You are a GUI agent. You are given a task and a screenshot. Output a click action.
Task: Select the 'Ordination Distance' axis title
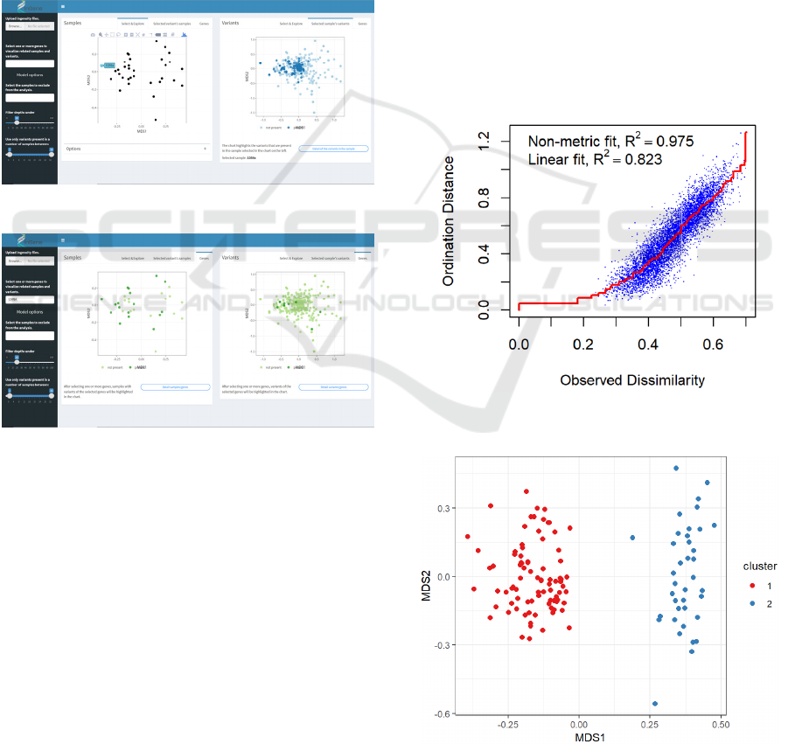(x=450, y=221)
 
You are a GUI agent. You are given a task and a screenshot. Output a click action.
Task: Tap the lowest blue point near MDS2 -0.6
(x=655, y=704)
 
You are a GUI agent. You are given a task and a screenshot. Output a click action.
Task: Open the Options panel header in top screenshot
(x=73, y=149)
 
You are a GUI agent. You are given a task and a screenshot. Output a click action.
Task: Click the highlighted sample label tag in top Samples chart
(x=108, y=65)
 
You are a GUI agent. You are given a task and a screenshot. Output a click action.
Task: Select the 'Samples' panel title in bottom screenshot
(x=73, y=258)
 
